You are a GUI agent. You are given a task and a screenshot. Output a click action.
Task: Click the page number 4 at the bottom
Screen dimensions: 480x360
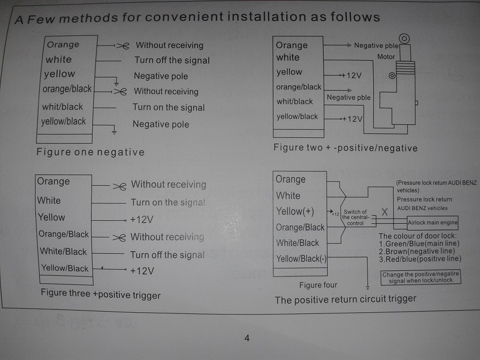pyautogui.click(x=247, y=339)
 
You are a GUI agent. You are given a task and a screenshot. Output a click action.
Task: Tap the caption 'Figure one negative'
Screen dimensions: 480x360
pyautogui.click(x=90, y=152)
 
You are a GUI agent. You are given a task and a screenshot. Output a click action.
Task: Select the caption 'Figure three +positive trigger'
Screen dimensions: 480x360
pyautogui.click(x=101, y=295)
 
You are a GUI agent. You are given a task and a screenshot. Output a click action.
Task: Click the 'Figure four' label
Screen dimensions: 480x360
pyautogui.click(x=318, y=285)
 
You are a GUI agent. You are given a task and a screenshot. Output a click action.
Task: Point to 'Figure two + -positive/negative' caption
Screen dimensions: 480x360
pyautogui.click(x=345, y=148)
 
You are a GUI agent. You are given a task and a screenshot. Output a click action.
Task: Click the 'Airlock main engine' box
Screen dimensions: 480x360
pyautogui.click(x=433, y=223)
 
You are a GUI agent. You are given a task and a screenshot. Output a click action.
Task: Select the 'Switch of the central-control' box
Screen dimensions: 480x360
pyautogui.click(x=356, y=217)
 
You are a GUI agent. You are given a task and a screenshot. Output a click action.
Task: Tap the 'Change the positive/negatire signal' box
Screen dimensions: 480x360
pyautogui.click(x=421, y=277)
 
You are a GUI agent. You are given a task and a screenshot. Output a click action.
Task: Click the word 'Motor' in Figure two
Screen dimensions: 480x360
pyautogui.click(x=386, y=57)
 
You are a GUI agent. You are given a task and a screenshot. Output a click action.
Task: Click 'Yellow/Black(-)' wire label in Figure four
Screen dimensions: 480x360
pyautogui.click(x=301, y=259)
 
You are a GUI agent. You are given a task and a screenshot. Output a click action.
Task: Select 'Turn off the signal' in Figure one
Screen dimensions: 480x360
pyautogui.click(x=172, y=60)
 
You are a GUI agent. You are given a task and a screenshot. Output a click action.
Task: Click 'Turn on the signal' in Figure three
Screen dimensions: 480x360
pyautogui.click(x=168, y=202)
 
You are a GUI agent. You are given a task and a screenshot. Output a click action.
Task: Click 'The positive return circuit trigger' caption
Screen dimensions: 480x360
pyautogui.click(x=345, y=299)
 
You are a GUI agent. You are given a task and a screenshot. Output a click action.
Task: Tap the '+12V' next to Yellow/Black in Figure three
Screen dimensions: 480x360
pyautogui.click(x=141, y=271)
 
